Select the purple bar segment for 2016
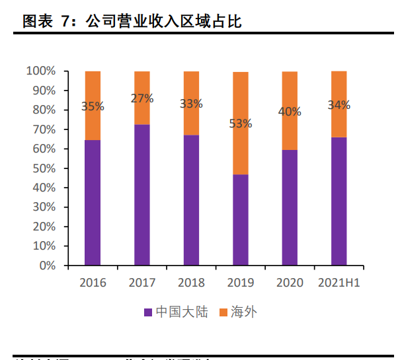click(93, 203)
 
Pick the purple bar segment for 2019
click(241, 220)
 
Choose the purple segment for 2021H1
click(339, 201)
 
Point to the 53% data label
click(241, 123)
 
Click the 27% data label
click(142, 98)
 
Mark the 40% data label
click(290, 112)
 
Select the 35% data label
click(93, 106)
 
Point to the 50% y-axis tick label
click(44, 168)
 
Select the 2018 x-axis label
click(191, 283)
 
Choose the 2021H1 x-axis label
click(339, 283)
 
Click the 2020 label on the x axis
click(290, 283)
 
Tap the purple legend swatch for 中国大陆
click(148, 312)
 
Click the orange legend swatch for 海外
click(223, 312)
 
